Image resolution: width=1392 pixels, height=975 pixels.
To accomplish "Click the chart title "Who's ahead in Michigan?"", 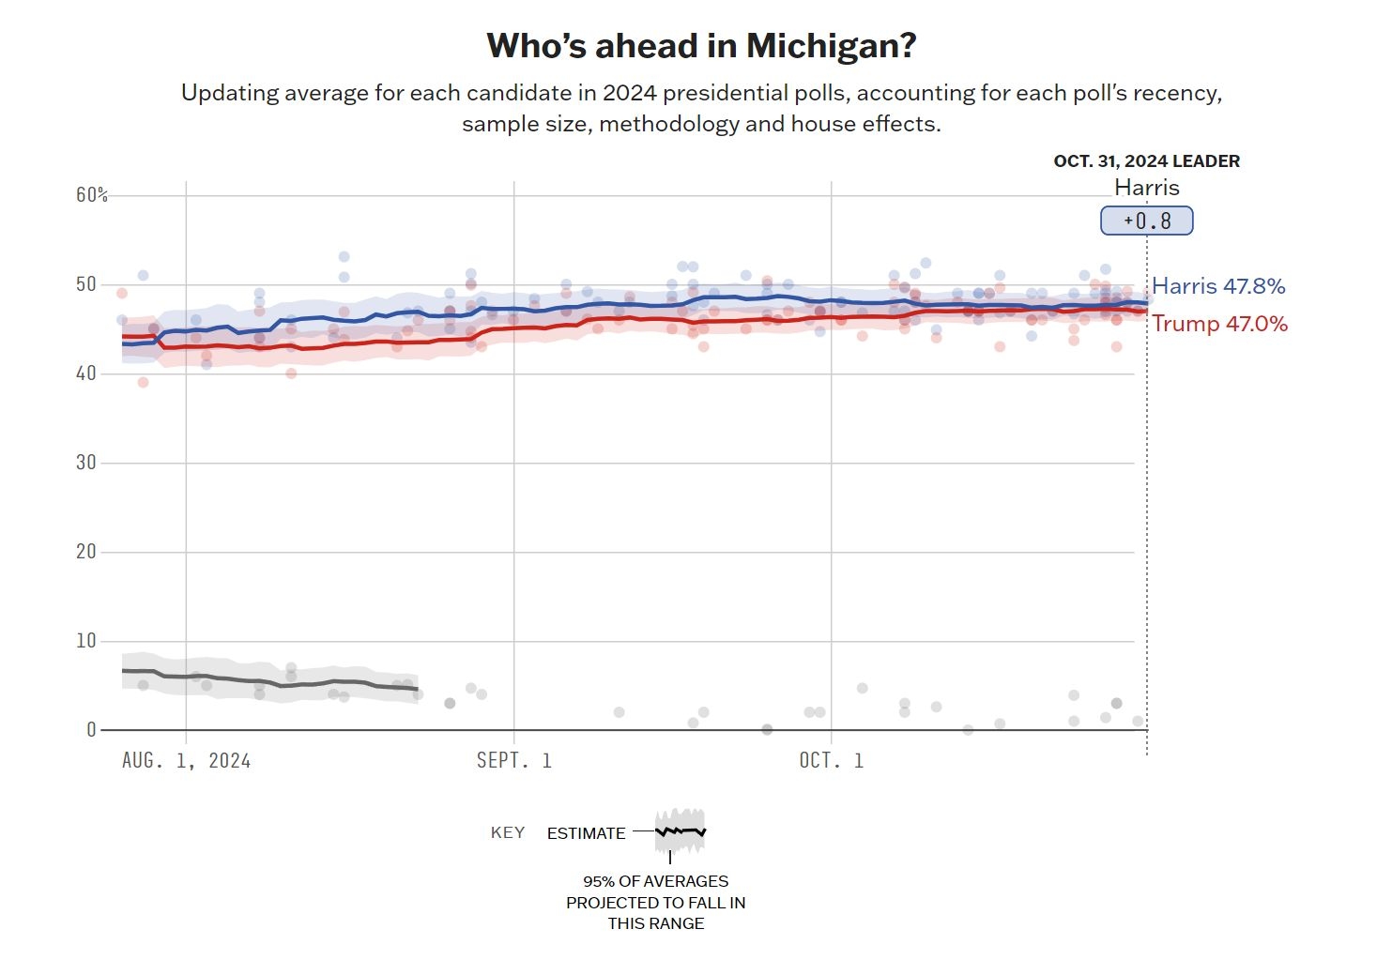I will point(701,46).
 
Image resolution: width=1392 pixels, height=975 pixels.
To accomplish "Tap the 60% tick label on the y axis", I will point(92,195).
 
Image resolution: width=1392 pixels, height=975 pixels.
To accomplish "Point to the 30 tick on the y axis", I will point(86,463).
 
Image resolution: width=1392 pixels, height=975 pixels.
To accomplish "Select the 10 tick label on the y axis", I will point(86,641).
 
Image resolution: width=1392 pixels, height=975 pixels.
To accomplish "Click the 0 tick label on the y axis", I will point(91,730).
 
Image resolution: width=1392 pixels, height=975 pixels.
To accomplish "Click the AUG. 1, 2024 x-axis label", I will point(186,761).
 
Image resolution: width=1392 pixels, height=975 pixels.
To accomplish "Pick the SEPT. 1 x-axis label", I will point(513,761).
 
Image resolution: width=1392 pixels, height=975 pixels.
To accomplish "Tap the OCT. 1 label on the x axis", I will point(831,761).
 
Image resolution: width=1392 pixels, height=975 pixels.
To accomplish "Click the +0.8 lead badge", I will point(1146,221).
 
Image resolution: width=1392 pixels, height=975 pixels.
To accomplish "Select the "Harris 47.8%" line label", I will point(1218,286).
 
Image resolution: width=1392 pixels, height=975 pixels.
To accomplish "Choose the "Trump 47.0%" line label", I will point(1219,324).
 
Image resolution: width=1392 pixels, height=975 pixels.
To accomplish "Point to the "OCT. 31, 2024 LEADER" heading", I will point(1146,161).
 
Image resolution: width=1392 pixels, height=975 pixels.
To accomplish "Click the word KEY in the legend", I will point(508,833).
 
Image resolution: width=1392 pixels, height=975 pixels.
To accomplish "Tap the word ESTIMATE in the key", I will point(586,833).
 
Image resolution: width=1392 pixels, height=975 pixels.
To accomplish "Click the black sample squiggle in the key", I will point(681,831).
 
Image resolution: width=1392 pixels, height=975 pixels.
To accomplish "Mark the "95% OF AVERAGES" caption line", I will point(655,881).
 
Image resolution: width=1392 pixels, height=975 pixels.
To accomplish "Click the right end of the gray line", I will point(417,690).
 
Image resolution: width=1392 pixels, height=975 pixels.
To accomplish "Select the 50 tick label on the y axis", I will point(86,284).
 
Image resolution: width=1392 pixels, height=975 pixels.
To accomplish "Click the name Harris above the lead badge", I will point(1146,188).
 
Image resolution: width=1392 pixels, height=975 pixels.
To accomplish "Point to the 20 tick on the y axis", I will point(86,552).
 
